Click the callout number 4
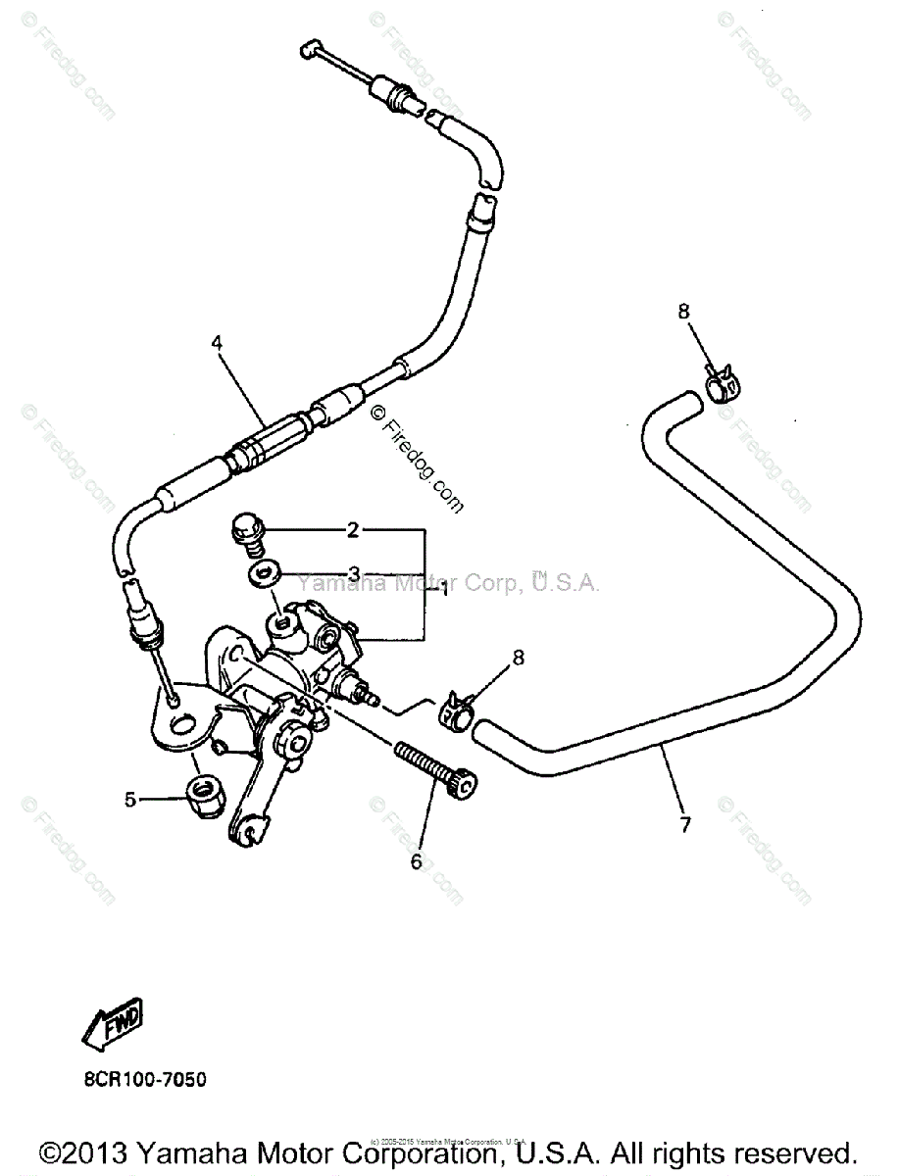point(217,343)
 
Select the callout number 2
point(352,531)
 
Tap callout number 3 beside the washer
point(353,572)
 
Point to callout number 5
point(129,800)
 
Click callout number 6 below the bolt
point(416,861)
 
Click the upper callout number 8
point(683,312)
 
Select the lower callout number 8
point(519,658)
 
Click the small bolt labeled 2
point(246,529)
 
